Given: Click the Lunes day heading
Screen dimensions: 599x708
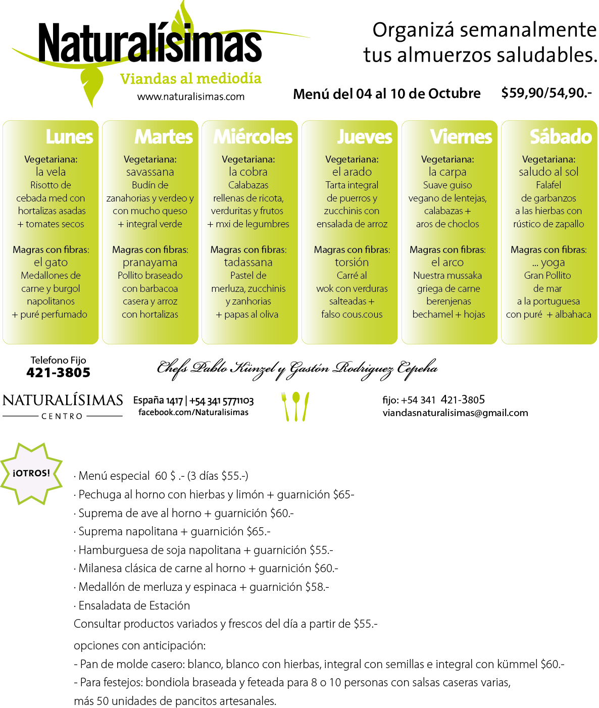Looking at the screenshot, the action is click(69, 137).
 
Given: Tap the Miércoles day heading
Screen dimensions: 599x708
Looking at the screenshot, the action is click(253, 137).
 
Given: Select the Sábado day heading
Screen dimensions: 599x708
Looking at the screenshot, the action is click(561, 136).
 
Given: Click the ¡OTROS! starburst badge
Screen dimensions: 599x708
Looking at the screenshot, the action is click(31, 473).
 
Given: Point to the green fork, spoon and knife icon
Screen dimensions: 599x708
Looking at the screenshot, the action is click(295, 406).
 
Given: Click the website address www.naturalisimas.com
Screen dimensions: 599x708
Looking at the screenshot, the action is click(191, 96).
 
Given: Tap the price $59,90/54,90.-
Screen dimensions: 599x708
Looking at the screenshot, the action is click(546, 93).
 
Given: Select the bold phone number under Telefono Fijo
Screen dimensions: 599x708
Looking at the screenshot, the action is click(58, 372).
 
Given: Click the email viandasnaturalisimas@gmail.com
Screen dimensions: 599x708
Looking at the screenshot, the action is click(455, 413).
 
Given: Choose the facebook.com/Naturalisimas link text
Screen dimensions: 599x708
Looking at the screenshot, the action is click(193, 412).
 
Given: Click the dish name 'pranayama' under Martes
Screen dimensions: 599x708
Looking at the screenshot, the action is click(150, 263).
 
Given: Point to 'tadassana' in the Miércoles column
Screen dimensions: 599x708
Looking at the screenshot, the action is click(248, 263).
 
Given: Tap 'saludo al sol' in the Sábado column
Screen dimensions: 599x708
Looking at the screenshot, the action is click(548, 172).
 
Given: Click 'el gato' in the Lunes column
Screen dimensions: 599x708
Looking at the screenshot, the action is click(51, 263).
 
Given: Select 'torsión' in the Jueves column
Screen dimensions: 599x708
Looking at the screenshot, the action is click(352, 263).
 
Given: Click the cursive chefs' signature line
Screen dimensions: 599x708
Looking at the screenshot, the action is click(297, 369).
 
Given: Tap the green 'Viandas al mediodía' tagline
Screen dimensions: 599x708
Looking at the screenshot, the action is click(190, 78).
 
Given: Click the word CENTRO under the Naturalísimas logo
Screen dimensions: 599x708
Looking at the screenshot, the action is click(62, 416).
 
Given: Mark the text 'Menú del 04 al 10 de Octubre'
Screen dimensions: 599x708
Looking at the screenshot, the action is click(387, 93).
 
